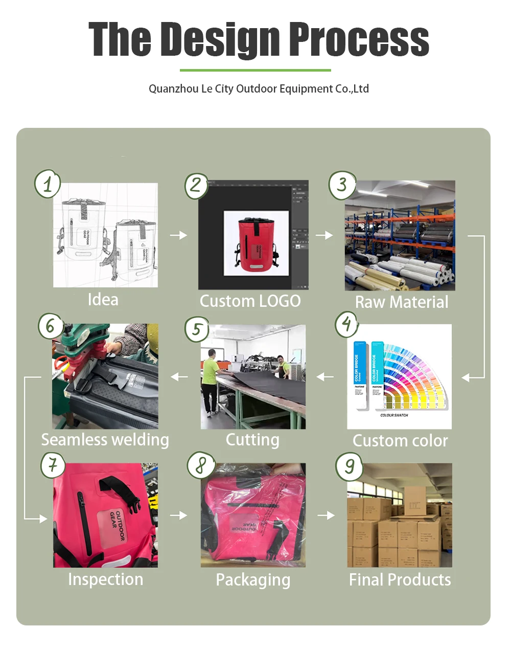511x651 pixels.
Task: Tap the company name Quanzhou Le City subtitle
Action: coord(259,89)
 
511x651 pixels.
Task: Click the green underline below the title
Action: coord(255,70)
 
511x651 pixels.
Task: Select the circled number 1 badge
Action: coord(48,184)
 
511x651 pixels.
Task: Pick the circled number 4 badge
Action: coord(347,324)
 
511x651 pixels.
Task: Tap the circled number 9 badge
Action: coord(349,466)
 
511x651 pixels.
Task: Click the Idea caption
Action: coord(103,300)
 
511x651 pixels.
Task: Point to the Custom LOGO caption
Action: coord(250,301)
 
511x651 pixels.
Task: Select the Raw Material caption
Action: coord(402,302)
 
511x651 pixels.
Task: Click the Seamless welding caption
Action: coord(105,440)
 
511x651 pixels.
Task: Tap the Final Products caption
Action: coord(400,580)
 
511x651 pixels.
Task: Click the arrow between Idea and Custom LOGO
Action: coord(178,235)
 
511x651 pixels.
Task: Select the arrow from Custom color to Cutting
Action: coord(325,377)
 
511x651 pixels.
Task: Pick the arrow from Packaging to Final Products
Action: coord(326,515)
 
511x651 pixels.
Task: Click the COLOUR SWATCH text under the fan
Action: coord(394,415)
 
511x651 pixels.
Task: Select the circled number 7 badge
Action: coord(53,465)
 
